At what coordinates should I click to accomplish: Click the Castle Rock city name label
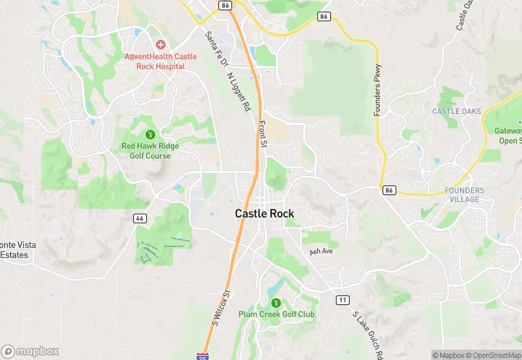[x=264, y=214]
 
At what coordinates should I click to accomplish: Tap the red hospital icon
[x=160, y=45]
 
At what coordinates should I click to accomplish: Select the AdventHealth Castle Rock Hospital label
[x=155, y=61]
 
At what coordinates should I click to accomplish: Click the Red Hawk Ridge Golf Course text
[x=150, y=150]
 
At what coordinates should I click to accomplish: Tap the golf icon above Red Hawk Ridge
[x=150, y=133]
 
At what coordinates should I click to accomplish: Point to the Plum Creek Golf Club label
[x=276, y=314]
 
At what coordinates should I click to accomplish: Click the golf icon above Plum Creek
[x=276, y=302]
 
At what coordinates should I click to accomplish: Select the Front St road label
[x=262, y=133]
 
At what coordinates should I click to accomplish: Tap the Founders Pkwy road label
[x=377, y=90]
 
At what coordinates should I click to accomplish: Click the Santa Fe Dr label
[x=215, y=49]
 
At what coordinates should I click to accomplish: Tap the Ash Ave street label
[x=321, y=251]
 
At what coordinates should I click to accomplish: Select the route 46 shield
[x=140, y=218]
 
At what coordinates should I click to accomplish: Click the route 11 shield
[x=342, y=300]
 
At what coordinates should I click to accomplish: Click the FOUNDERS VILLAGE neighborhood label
[x=464, y=194]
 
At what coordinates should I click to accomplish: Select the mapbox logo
[x=31, y=351]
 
